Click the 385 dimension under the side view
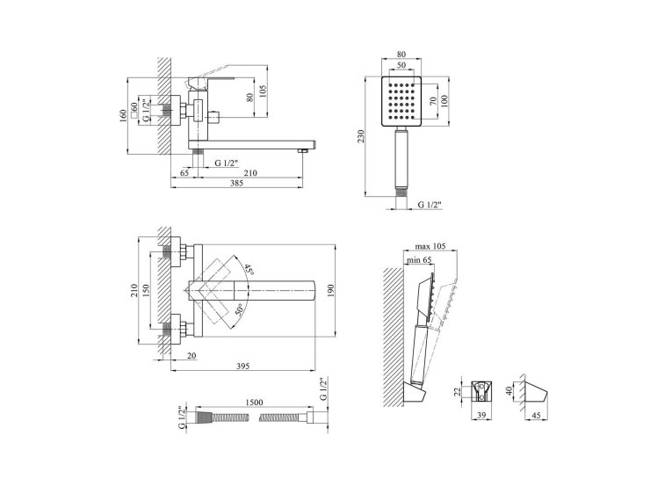point(236,183)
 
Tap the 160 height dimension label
point(124,115)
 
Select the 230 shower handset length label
point(360,136)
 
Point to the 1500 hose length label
point(254,403)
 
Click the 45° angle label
point(249,270)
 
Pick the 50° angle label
point(239,309)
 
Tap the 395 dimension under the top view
point(242,366)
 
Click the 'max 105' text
point(430,246)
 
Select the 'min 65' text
point(419,260)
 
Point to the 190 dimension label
point(330,290)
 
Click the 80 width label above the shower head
point(401,54)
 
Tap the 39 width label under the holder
point(481,415)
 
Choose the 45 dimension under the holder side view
point(536,415)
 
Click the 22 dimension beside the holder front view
point(457,391)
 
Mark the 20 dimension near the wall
point(191,355)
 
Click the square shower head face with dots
point(401,101)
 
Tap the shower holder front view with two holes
point(481,391)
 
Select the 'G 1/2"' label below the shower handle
point(430,205)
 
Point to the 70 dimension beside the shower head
point(433,101)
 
